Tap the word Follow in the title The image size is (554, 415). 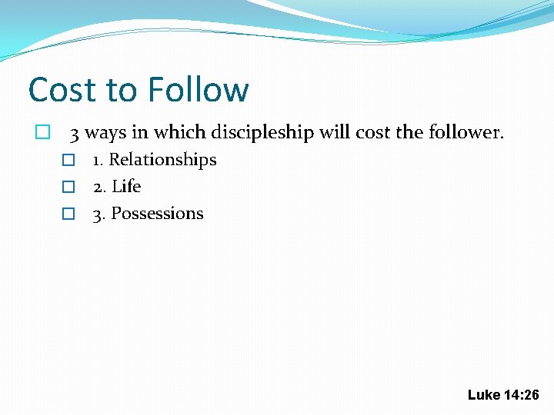198,90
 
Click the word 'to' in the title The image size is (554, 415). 122,91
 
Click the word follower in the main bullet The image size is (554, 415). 462,133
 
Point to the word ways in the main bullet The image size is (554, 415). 105,134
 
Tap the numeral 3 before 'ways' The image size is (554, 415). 75,134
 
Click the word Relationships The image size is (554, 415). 163,160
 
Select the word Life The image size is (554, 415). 126,187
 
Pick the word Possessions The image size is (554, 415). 158,214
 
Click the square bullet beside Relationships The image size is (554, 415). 68,161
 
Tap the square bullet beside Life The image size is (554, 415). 68,188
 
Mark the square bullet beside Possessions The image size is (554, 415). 68,214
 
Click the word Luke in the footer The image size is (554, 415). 483,394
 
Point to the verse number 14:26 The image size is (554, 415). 522,394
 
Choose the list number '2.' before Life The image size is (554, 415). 100,187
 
